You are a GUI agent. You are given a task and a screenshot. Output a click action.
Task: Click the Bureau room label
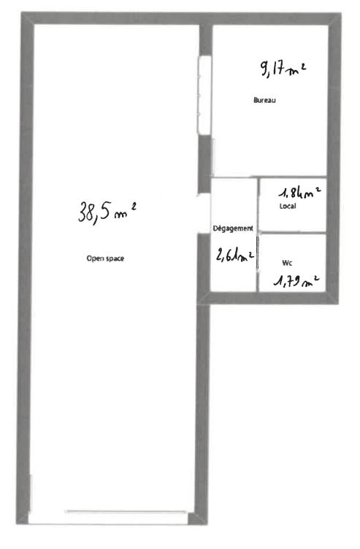pos(264,100)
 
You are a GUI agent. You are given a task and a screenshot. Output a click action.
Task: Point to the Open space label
pos(101,257)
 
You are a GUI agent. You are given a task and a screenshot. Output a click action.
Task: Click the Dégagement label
pos(233,229)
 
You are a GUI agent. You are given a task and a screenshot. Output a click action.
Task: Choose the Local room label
pos(288,207)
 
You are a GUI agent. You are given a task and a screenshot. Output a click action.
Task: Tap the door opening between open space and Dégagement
pos(204,214)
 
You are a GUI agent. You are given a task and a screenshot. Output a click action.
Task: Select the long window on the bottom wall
pos(127,512)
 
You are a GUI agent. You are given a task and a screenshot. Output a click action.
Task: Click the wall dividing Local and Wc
pos(292,233)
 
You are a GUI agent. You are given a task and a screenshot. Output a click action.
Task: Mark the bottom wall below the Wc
pos(292,296)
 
